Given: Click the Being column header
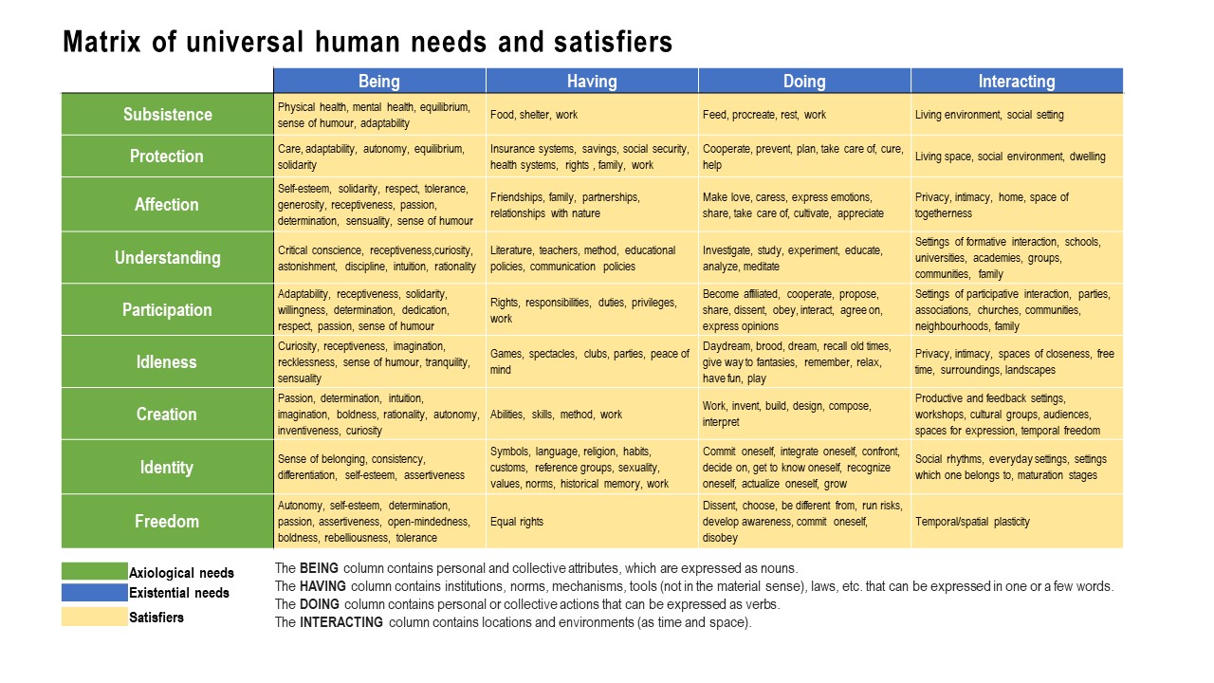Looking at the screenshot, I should pyautogui.click(x=379, y=81).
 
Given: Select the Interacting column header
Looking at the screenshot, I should pyautogui.click(x=1016, y=81).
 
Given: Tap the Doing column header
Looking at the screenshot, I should pyautogui.click(x=804, y=81).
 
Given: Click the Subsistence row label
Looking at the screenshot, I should pyautogui.click(x=167, y=114).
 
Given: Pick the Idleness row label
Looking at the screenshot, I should pyautogui.click(x=167, y=361).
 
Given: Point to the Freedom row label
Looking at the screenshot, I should pyautogui.click(x=167, y=521).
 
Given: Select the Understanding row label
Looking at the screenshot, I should pyautogui.click(x=167, y=257).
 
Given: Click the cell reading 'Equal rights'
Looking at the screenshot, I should pyautogui.click(x=517, y=521).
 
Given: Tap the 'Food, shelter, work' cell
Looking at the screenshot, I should pyautogui.click(x=534, y=115).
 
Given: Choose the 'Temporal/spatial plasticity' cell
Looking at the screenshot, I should pyautogui.click(x=972, y=521).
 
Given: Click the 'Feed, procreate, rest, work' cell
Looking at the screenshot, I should pyautogui.click(x=764, y=115).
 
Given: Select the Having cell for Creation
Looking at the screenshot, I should pyautogui.click(x=557, y=415).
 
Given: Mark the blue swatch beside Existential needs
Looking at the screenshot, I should pyautogui.click(x=94, y=593).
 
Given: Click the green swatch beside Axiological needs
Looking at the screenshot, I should pyautogui.click(x=94, y=571).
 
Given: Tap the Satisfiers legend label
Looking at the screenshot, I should pyautogui.click(x=156, y=618).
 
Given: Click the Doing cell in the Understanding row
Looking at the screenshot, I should pyautogui.click(x=793, y=258).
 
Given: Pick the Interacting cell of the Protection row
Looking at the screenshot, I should pyautogui.click(x=1010, y=157).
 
